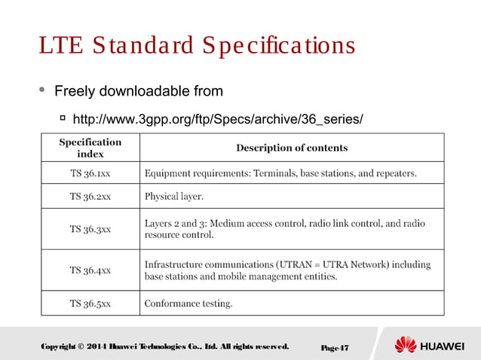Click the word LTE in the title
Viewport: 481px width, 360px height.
pyautogui.click(x=61, y=46)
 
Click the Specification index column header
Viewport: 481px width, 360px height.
pyautogui.click(x=90, y=148)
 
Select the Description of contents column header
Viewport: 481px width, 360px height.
pyautogui.click(x=292, y=148)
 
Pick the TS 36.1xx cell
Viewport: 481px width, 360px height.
pyautogui.click(x=90, y=173)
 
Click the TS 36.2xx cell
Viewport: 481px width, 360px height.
pyautogui.click(x=90, y=197)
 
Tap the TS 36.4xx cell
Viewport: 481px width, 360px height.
pyautogui.click(x=90, y=270)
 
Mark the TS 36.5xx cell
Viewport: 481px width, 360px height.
pyautogui.click(x=90, y=304)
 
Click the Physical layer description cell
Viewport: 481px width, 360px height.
pyautogui.click(x=173, y=197)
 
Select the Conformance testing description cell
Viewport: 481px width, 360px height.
pyautogui.click(x=188, y=304)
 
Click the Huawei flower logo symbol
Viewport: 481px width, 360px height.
pyautogui.click(x=406, y=346)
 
